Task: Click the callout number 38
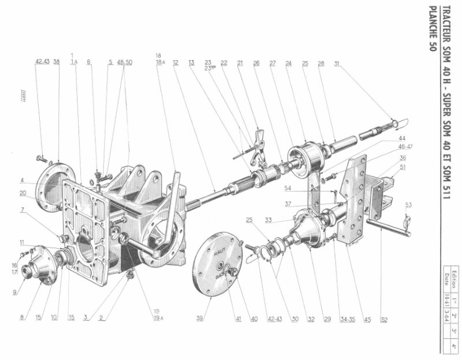coord(57,61)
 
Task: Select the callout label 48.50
coord(125,61)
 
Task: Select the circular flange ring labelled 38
coord(55,183)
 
